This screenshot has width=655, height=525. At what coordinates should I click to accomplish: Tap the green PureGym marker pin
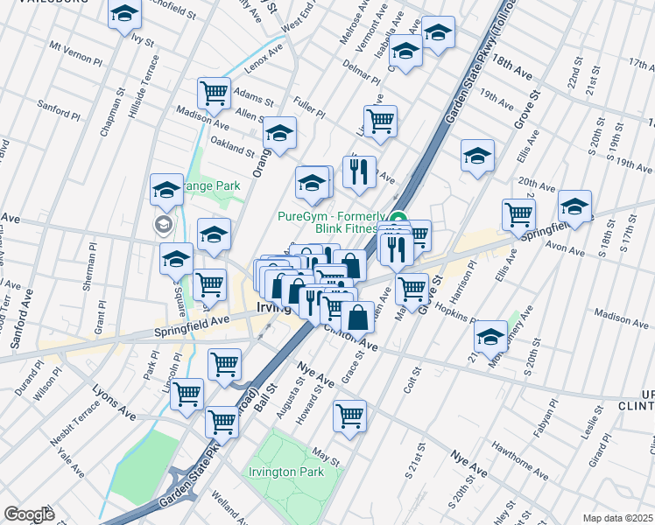tap(398, 220)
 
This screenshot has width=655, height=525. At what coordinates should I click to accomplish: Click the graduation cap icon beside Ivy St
tap(125, 14)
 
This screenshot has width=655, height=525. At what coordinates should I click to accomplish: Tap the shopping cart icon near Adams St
tap(214, 92)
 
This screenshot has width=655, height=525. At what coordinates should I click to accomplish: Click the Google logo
tap(29, 514)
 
